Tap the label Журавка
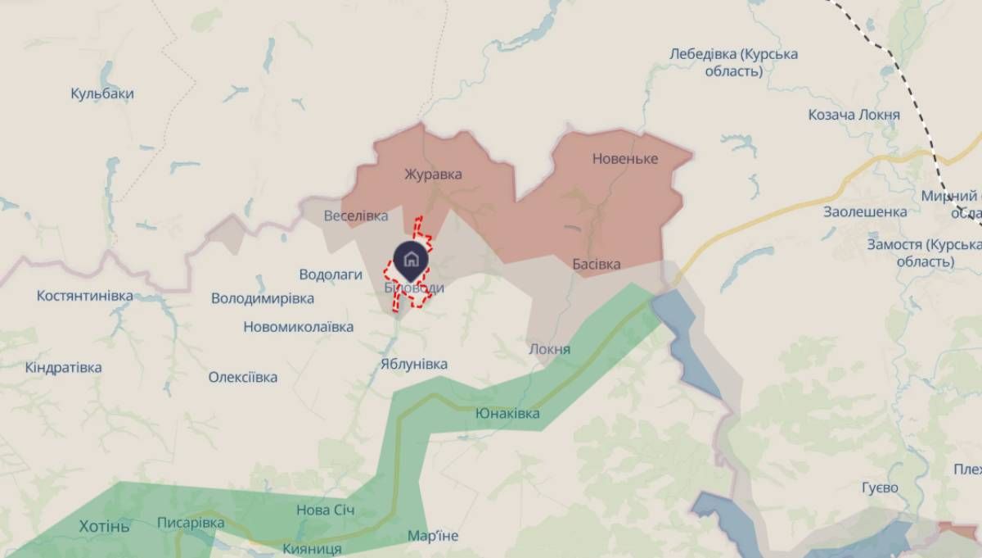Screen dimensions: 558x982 coord(433,174)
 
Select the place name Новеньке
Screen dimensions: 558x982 coord(625,158)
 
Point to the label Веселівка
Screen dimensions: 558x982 coord(356,216)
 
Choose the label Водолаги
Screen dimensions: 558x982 coord(331,274)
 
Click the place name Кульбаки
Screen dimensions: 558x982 coord(102,93)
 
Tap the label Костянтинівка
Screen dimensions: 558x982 coord(85,295)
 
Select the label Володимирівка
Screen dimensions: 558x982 coord(263,297)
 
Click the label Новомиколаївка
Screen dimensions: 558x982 coord(299,327)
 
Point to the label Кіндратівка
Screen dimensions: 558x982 coord(64,367)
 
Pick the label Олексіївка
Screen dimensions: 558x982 coord(242,377)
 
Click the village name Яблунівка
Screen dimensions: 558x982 coord(414,364)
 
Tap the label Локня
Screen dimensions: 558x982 coord(550,349)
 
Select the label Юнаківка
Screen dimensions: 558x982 coord(507,414)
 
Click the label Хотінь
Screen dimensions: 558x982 coord(104,526)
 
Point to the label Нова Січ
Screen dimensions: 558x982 coord(326,510)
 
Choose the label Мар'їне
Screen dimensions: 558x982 coord(433,536)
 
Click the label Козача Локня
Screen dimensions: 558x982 coord(854,115)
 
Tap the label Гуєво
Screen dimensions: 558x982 coord(880,488)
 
